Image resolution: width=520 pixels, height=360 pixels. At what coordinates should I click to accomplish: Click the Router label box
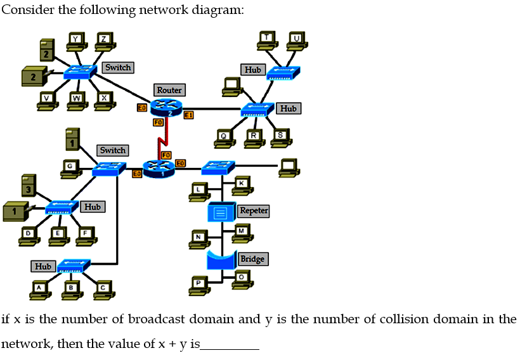tap(169, 90)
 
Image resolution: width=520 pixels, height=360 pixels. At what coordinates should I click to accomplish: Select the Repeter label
tap(254, 210)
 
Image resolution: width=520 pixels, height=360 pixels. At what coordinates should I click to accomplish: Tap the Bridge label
tap(252, 259)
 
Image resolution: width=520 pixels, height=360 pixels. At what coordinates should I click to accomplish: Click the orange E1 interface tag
tap(188, 115)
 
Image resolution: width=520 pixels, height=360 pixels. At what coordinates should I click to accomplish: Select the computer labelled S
tap(281, 137)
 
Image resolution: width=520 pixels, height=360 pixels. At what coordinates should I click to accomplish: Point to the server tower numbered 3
tap(28, 186)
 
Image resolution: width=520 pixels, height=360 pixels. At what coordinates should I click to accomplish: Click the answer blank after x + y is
tap(230, 345)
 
